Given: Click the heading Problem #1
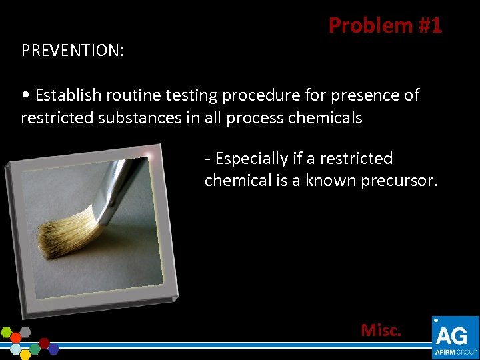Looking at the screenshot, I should click(x=385, y=25).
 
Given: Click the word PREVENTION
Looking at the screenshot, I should click(x=72, y=51).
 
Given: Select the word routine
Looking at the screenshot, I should click(x=131, y=95).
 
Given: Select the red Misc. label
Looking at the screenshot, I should click(x=381, y=330).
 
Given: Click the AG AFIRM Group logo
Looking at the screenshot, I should click(x=455, y=337).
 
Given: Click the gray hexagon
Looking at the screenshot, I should click(x=25, y=331).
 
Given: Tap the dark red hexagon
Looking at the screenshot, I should click(x=45, y=343).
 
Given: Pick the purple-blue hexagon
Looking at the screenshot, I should click(x=53, y=349).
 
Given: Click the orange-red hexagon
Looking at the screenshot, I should click(x=17, y=337).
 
